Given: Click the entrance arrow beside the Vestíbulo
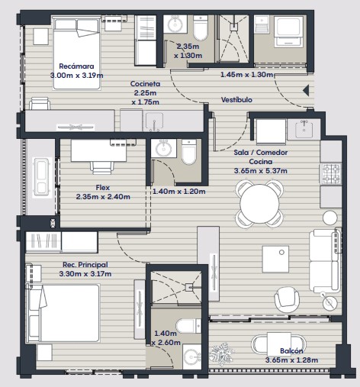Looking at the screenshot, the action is [x=306, y=90].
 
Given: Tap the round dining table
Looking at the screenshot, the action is [x=259, y=204].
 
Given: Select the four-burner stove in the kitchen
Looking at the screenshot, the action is [x=330, y=174].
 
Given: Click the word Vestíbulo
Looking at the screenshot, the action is [x=236, y=100].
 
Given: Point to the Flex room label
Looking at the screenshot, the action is [x=103, y=188].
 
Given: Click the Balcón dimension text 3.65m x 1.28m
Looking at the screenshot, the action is [x=291, y=360].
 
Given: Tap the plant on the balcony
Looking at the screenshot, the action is [x=221, y=353].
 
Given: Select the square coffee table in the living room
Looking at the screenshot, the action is [x=275, y=259].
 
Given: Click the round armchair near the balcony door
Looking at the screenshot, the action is [x=287, y=299].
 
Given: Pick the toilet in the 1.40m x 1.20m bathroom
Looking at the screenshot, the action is [x=189, y=152].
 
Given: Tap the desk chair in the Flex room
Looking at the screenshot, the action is [x=101, y=168].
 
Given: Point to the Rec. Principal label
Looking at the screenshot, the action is [x=85, y=265].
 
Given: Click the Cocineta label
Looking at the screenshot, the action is [x=145, y=84].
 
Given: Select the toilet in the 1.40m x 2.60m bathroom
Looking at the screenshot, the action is [x=188, y=326].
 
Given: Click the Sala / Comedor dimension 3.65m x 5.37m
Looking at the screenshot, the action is [x=261, y=171].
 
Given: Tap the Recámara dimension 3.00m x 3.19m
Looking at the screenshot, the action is [x=76, y=76].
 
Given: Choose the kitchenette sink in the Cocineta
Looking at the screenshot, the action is [x=154, y=121].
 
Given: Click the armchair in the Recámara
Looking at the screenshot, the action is [x=40, y=104].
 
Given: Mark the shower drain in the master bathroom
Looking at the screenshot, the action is [x=189, y=288].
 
